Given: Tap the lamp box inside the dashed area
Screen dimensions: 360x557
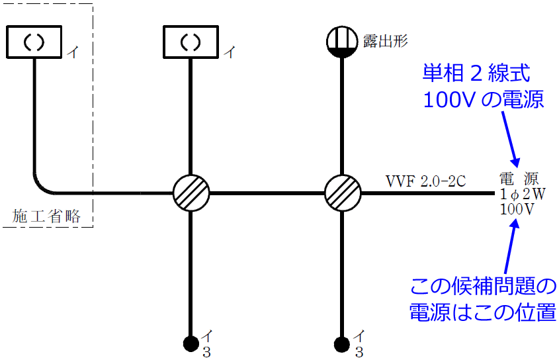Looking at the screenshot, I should [x=34, y=41].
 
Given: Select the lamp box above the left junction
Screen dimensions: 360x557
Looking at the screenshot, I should [x=191, y=41].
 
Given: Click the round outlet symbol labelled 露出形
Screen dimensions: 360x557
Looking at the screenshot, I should [x=342, y=42].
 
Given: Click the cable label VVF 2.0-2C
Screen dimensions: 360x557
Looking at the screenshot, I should [x=427, y=181].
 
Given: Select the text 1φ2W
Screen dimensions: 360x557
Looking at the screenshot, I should [x=522, y=195].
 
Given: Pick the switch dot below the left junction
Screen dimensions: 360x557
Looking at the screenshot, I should [x=191, y=343].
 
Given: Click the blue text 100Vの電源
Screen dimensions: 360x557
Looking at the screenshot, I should [x=483, y=99].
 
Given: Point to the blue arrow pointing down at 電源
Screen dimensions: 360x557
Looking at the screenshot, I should [x=510, y=140].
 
